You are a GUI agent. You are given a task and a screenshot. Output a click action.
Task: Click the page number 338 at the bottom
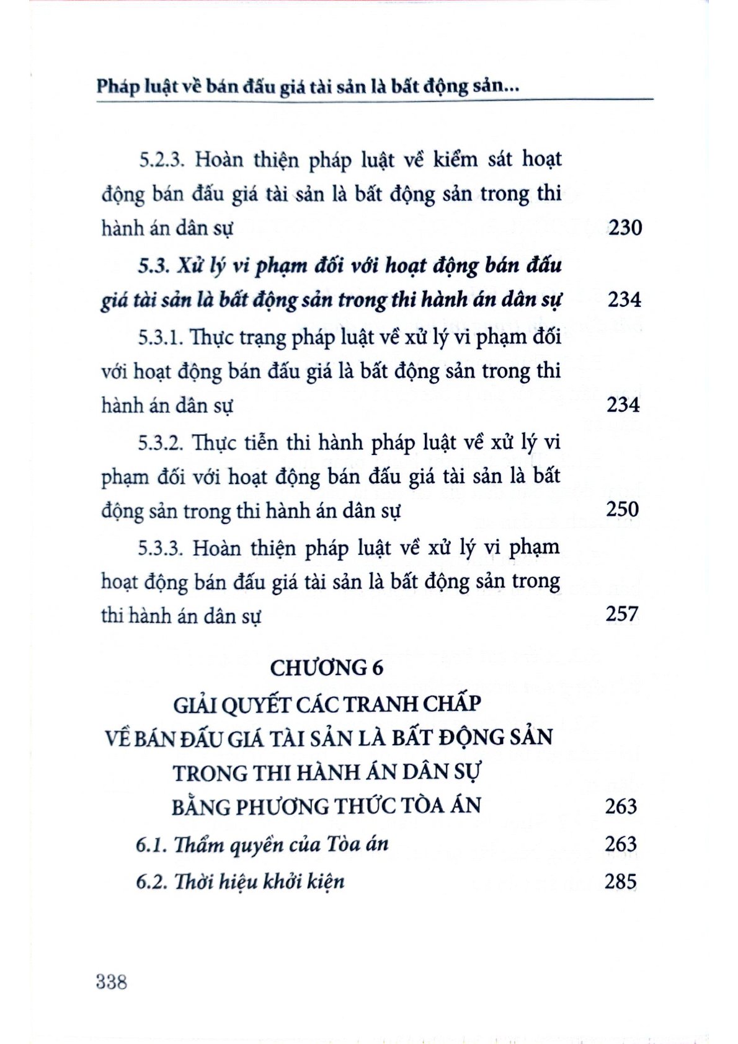(x=112, y=982)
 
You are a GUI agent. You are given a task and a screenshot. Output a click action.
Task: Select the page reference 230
(x=625, y=228)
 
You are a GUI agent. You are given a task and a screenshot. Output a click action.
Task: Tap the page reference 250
(x=622, y=509)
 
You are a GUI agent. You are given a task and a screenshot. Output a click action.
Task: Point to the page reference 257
(x=622, y=614)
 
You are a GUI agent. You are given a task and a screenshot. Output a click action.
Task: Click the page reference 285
(x=621, y=881)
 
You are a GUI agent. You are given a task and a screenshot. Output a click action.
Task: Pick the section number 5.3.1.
(x=160, y=338)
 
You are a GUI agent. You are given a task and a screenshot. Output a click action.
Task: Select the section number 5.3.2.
(x=161, y=443)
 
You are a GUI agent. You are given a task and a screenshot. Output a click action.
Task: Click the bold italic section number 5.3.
(x=153, y=267)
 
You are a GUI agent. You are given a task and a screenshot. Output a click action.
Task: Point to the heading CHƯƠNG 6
(x=327, y=668)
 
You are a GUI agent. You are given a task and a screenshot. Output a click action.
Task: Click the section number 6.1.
(x=151, y=845)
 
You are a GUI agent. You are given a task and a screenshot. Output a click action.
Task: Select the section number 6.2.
(x=151, y=882)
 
